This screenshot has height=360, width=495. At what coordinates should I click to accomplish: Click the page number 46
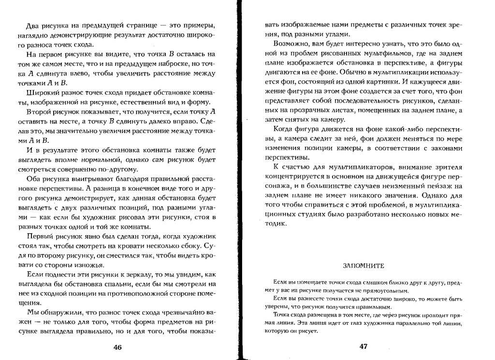[x=117, y=347]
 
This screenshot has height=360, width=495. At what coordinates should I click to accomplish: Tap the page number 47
[x=364, y=346]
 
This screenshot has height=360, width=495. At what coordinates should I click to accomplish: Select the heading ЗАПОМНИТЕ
[x=363, y=266]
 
